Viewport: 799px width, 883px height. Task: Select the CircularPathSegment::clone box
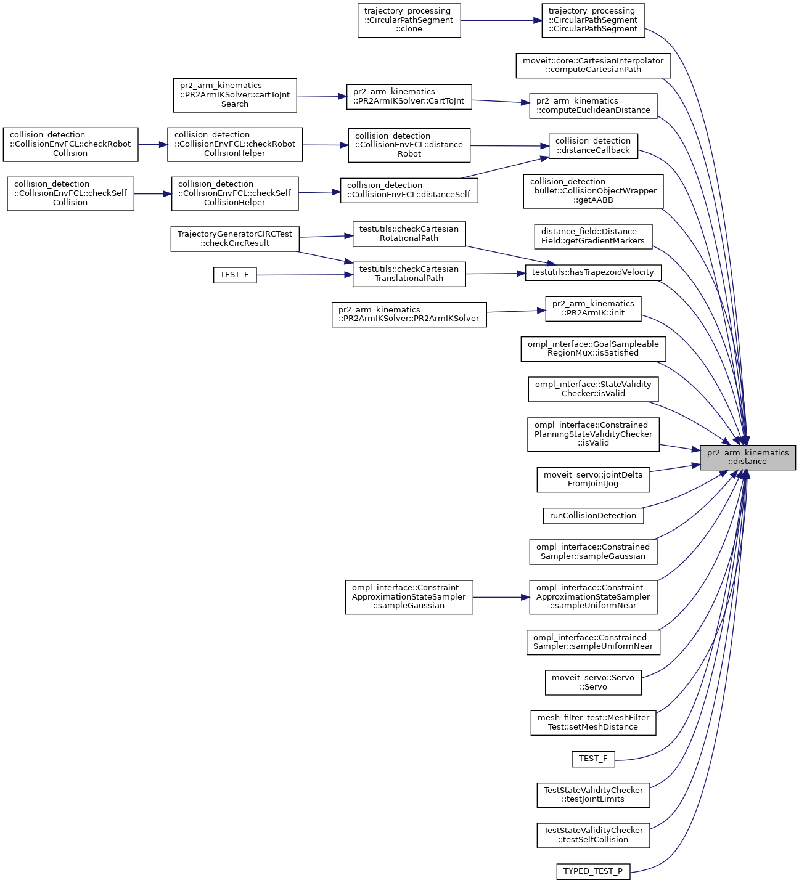(x=409, y=20)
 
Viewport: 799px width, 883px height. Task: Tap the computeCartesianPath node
(x=592, y=65)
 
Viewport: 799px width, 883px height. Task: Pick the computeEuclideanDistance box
(x=593, y=105)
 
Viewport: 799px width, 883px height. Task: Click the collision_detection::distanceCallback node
(x=592, y=145)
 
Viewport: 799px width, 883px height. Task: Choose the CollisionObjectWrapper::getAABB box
(x=593, y=191)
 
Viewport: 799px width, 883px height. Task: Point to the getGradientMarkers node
(x=592, y=236)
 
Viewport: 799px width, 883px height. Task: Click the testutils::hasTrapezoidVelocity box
(x=592, y=272)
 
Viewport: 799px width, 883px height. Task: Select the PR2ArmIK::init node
(x=592, y=308)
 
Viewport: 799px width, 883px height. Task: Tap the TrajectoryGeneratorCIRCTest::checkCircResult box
(x=234, y=238)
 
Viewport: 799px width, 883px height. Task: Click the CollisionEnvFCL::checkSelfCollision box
(x=70, y=193)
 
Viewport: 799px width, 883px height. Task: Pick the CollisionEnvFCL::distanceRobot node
(x=409, y=145)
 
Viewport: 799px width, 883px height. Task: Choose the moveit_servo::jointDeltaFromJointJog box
(x=593, y=479)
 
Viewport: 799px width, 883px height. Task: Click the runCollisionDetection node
(x=592, y=516)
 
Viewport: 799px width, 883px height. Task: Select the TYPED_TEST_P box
(x=592, y=871)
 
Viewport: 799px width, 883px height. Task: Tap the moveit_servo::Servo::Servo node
(x=592, y=682)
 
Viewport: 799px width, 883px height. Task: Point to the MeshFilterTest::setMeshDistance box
(x=593, y=722)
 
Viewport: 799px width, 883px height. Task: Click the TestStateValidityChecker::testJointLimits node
(x=593, y=795)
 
